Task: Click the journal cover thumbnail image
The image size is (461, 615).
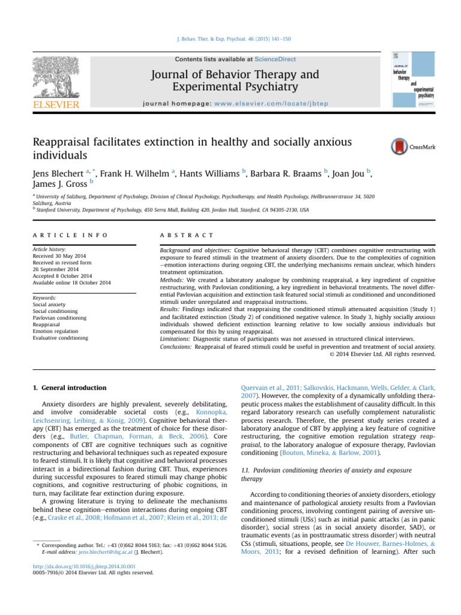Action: pos(414,82)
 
